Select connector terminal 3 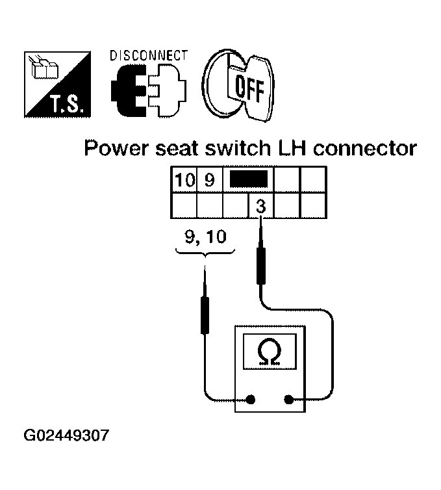[260, 207]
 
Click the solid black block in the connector [247, 180]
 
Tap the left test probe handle [205, 313]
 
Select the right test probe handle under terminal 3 [261, 264]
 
